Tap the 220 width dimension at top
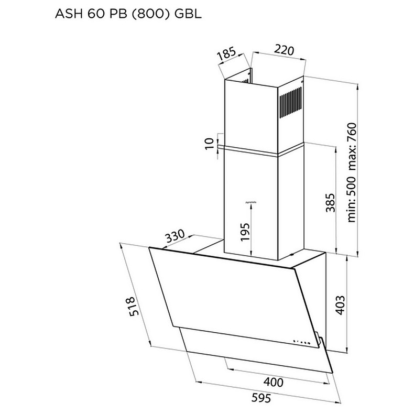tap(282, 51)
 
